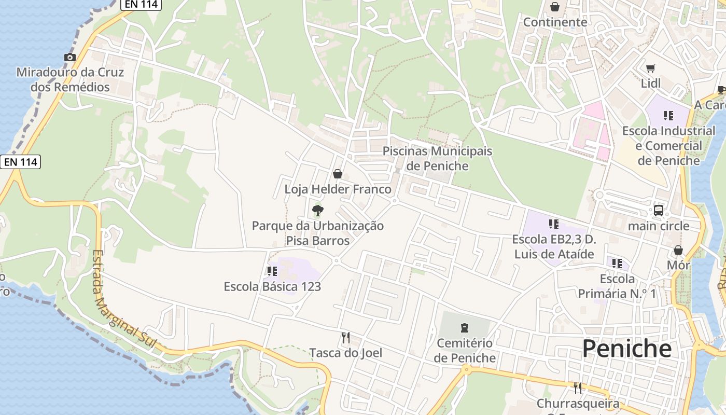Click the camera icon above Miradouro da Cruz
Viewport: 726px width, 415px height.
coord(70,57)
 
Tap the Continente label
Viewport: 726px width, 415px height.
coord(555,22)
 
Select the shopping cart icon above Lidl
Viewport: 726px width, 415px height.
coord(650,68)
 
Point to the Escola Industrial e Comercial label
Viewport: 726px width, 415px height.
coord(668,146)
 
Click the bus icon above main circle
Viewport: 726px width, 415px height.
coord(658,211)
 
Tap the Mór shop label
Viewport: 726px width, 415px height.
coord(678,265)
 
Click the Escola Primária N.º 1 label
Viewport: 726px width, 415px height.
coord(617,286)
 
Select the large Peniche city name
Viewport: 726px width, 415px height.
coord(626,349)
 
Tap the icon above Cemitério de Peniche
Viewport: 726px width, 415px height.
coord(464,328)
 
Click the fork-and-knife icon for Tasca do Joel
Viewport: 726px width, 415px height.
coord(346,338)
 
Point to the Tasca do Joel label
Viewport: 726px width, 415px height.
coord(346,353)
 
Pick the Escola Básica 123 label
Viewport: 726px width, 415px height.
coord(272,286)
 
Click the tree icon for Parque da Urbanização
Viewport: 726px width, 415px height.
coord(318,210)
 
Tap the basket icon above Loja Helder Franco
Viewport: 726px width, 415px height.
coord(338,174)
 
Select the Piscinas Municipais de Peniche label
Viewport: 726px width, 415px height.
coord(437,158)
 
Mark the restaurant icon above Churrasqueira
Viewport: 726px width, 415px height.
coord(577,388)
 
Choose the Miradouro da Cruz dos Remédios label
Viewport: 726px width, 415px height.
coord(70,79)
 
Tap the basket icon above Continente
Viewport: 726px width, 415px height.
coord(555,7)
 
